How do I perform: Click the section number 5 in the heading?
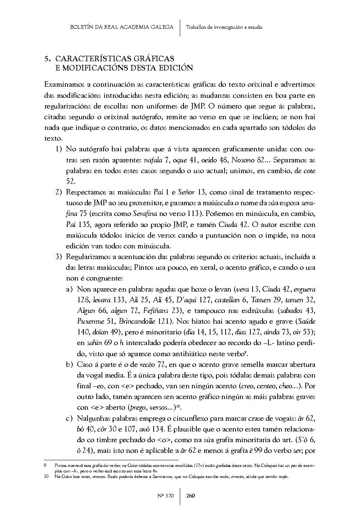(x=46, y=59)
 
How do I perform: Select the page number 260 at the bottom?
(x=191, y=495)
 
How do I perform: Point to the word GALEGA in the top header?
(x=161, y=27)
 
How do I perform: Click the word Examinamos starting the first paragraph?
(x=63, y=85)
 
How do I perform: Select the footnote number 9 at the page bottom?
(x=45, y=466)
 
